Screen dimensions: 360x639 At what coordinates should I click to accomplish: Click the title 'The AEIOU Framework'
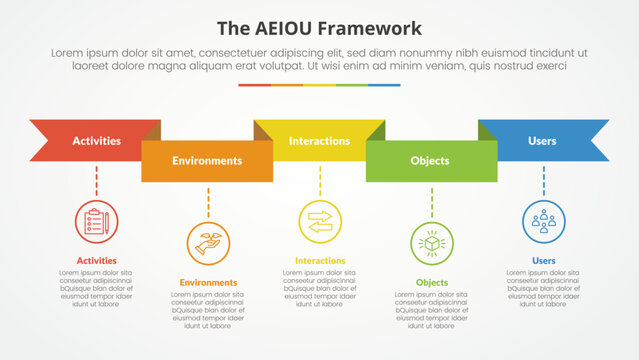319,27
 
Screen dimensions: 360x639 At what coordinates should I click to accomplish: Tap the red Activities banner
97,141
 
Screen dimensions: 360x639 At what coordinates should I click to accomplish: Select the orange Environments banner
207,161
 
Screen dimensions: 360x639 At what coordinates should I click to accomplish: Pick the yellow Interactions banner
319,141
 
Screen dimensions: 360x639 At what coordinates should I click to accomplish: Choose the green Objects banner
430,161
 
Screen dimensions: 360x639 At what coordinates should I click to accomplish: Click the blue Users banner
543,141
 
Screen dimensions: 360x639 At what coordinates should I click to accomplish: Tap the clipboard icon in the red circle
96,221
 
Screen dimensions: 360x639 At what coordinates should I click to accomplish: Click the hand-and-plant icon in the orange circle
208,243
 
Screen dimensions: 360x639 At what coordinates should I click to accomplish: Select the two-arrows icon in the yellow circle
320,221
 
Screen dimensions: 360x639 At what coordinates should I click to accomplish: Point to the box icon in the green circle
432,243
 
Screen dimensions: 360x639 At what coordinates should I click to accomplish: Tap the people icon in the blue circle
544,221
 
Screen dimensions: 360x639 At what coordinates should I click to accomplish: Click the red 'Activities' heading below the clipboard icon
96,261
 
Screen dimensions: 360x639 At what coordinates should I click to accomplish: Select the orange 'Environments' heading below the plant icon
208,283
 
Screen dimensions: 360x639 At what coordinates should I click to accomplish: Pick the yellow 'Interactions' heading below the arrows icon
320,261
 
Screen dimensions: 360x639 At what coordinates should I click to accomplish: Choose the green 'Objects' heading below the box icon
432,283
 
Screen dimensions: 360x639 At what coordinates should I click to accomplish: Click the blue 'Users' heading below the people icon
544,261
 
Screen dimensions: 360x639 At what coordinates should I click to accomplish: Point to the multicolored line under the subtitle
319,85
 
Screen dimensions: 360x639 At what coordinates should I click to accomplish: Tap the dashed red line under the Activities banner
96,181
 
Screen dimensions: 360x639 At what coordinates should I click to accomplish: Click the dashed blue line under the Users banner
544,181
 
